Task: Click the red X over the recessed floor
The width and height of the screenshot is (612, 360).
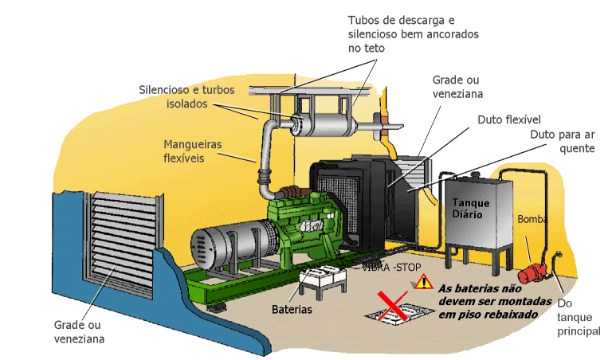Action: click(393, 307)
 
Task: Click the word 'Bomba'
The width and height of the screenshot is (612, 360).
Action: click(532, 219)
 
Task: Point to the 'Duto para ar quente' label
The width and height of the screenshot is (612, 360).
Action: click(563, 141)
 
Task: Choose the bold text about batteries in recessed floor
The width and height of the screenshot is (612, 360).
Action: click(486, 299)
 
